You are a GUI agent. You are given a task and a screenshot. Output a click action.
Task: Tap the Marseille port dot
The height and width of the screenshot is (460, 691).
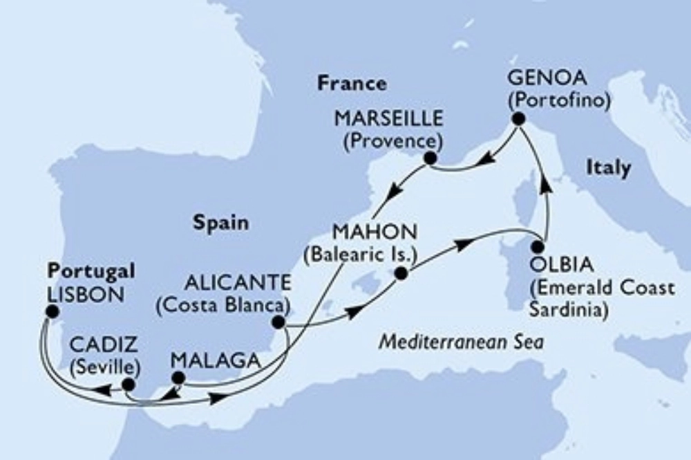(430, 159)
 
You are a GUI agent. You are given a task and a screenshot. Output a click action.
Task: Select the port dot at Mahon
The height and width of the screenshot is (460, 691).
(399, 275)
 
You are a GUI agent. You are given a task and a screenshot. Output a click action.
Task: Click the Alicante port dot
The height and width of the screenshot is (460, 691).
(278, 322)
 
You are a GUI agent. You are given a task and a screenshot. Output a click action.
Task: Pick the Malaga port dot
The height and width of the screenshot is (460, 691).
(178, 378)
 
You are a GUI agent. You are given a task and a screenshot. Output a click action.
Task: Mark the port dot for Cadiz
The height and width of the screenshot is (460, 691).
(128, 384)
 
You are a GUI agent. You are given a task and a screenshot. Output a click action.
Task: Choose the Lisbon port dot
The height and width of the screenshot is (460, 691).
(50, 312)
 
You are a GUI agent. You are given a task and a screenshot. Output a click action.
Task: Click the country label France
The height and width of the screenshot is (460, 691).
(352, 84)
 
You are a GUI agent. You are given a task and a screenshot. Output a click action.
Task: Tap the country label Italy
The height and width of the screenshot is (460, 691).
(608, 167)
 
